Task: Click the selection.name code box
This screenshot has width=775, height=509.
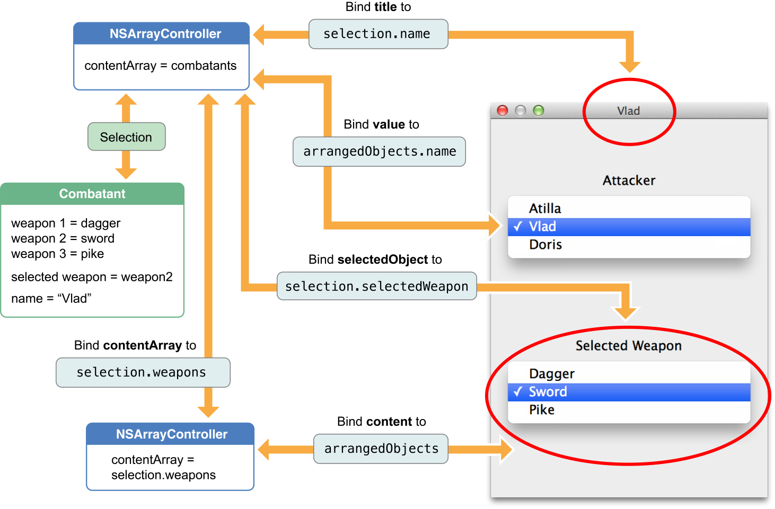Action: (378, 34)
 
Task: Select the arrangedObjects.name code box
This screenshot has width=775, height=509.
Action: (379, 151)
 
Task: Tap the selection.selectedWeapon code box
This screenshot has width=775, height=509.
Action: (376, 287)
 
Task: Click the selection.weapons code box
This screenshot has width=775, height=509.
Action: (143, 372)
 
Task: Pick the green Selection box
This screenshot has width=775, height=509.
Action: (126, 137)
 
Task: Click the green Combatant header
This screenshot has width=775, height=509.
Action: (92, 194)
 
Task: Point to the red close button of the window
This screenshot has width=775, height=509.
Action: (503, 110)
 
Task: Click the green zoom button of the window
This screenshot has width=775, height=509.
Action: (539, 110)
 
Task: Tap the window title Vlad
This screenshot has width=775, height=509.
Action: (629, 111)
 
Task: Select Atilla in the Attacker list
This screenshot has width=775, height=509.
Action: (545, 209)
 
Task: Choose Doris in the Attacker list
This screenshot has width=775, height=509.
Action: (545, 245)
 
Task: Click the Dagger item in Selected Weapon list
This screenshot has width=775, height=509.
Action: (552, 374)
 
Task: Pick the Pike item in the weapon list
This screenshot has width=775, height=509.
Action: (542, 410)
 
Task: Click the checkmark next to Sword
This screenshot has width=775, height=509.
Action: (518, 392)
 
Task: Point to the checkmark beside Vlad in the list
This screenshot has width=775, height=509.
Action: (518, 227)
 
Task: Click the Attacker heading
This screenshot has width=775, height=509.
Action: (629, 181)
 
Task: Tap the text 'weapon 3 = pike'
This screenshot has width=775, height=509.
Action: (57, 254)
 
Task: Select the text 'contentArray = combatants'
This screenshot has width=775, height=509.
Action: (161, 66)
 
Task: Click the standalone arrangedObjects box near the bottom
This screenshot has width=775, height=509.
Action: (381, 449)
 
